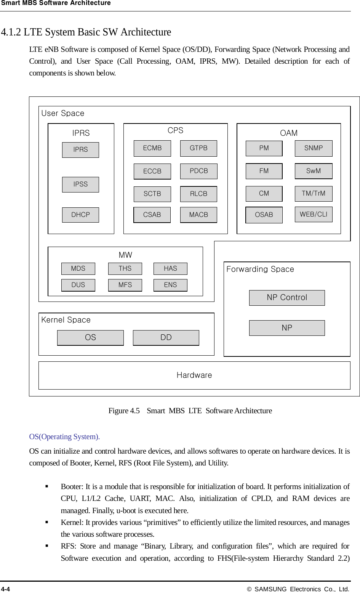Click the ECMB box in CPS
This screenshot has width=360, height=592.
point(152,148)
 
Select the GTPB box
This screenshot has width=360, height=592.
point(198,148)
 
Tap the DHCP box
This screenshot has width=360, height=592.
point(80,215)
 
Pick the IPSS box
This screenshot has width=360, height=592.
point(80,184)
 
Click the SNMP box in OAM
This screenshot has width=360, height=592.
point(314,148)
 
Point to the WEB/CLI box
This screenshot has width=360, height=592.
point(314,214)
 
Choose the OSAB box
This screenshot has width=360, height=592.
point(264,215)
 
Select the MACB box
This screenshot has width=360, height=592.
point(198,215)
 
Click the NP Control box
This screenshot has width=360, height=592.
point(287,298)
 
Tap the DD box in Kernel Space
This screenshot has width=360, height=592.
point(166,338)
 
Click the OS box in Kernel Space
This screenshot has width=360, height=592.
point(90,338)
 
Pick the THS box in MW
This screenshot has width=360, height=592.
point(125,269)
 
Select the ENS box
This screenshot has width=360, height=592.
point(170,285)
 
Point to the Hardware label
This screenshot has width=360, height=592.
point(194,375)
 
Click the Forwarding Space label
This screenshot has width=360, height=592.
point(260,270)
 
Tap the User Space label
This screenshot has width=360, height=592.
point(63,114)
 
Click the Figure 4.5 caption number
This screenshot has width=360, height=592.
point(124,411)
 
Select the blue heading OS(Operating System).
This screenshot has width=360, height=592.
point(64,437)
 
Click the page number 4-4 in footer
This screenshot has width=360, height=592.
point(6,589)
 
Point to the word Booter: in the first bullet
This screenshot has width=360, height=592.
point(72,487)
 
